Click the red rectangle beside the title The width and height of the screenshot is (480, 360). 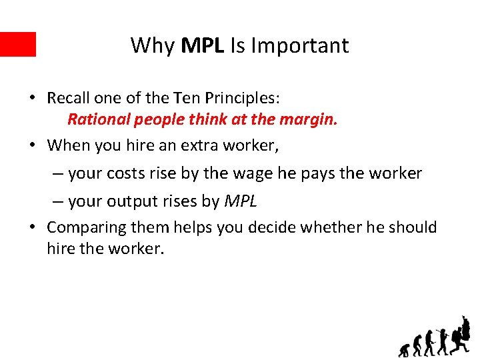tap(17, 44)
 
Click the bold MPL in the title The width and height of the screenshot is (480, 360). tap(203, 45)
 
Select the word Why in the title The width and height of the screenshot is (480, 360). tap(153, 45)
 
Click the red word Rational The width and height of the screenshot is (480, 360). tap(98, 120)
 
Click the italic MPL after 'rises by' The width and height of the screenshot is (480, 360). tap(241, 201)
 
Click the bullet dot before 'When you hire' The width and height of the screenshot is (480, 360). tap(32, 145)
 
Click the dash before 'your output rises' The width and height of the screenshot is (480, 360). tap(58, 201)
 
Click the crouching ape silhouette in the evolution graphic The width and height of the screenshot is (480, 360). tap(405, 349)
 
